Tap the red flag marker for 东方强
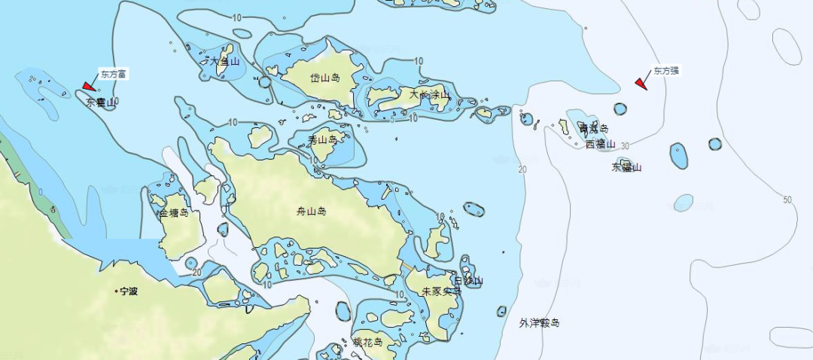click(641, 83)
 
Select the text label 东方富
click(114, 74)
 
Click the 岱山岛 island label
click(325, 78)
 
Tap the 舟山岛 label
click(311, 212)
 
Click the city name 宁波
click(129, 291)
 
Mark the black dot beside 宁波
click(117, 291)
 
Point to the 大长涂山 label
click(429, 95)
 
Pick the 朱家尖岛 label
click(440, 291)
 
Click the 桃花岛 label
click(368, 342)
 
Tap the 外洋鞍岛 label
click(540, 323)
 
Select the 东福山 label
click(626, 167)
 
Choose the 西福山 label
click(600, 144)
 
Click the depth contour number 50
click(787, 200)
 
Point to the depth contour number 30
click(625, 145)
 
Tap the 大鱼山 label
click(224, 62)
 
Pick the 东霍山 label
click(101, 102)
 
